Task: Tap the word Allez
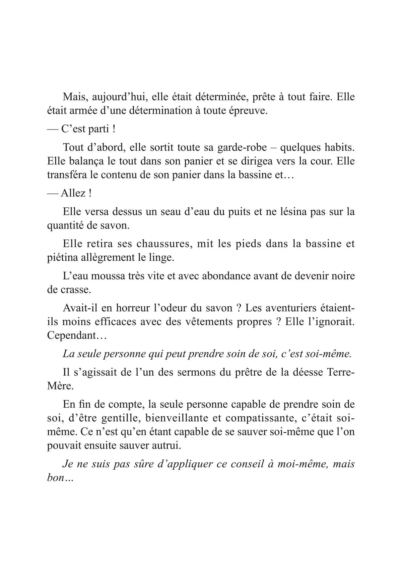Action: (x=73, y=194)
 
